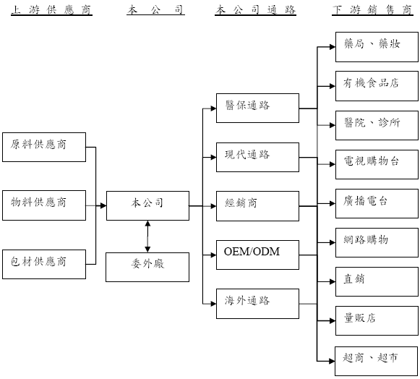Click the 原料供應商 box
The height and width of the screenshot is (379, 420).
click(44, 147)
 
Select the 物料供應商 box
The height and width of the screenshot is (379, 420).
click(44, 205)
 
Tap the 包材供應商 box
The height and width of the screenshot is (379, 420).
click(44, 264)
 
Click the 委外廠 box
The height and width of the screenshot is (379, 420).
click(147, 267)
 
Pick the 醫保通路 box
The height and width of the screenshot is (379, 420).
click(257, 108)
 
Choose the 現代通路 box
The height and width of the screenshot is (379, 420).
click(257, 158)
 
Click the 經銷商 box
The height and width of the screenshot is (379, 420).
click(257, 206)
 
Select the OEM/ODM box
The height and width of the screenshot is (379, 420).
click(257, 255)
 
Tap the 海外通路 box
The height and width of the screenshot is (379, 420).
click(257, 304)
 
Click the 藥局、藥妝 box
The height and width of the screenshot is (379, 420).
click(377, 47)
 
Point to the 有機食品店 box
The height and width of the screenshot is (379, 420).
click(377, 86)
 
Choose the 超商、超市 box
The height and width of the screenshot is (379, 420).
click(376, 362)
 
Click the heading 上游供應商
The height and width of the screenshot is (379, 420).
click(51, 10)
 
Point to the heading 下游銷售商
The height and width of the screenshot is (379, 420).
click(372, 10)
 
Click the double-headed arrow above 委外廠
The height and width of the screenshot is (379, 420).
click(147, 237)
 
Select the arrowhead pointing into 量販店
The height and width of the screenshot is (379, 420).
click(333, 321)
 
